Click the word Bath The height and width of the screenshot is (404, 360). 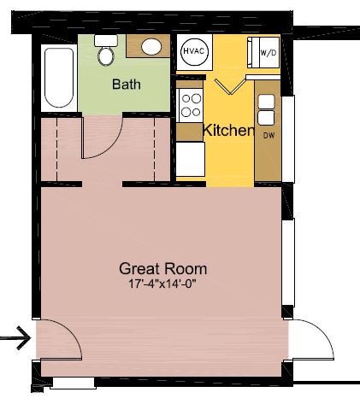127,85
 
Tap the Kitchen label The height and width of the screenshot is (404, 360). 227,131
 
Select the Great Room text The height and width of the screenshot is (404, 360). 163,268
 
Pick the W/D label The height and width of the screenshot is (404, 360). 267,53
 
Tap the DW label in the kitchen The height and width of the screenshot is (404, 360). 269,136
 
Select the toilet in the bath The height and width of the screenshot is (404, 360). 106,52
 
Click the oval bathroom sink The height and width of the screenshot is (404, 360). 152,46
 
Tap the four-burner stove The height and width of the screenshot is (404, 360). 190,106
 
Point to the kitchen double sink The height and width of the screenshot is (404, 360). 267,109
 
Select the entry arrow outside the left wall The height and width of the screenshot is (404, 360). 15,339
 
